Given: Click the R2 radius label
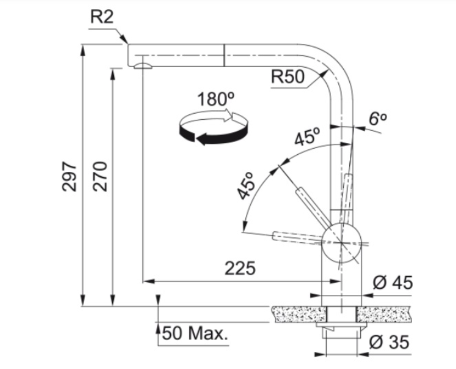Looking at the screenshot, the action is (x=102, y=17).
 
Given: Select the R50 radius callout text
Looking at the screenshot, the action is (x=288, y=77).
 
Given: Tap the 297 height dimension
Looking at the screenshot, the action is (x=69, y=176).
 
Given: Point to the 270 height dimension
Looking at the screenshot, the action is (x=100, y=176).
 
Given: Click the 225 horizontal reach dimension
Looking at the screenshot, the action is (x=240, y=268).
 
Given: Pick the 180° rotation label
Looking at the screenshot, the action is (x=216, y=99).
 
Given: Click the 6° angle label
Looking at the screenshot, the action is (x=378, y=119).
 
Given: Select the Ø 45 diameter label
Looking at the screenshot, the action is (x=393, y=282).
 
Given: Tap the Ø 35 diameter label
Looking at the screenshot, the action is (x=389, y=342).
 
